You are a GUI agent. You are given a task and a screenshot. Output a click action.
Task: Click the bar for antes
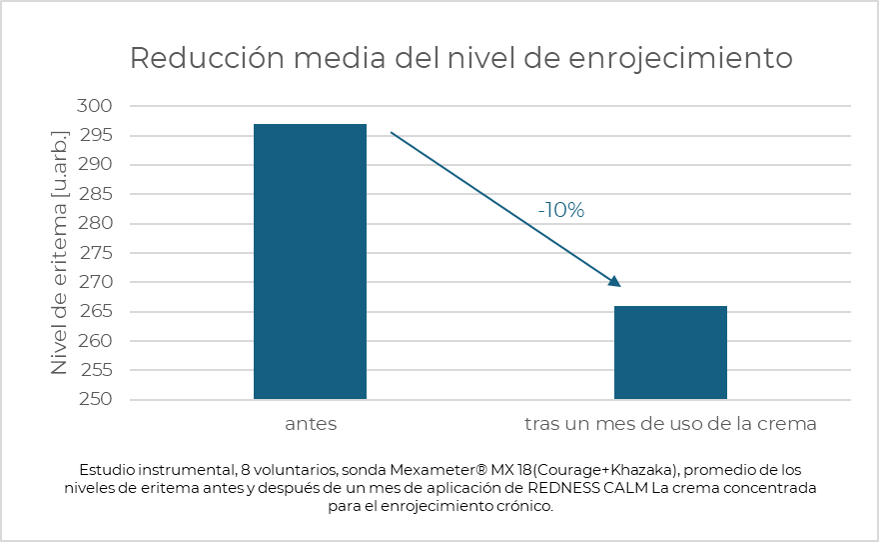[310, 262]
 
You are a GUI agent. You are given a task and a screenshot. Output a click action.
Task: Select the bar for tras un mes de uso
[670, 352]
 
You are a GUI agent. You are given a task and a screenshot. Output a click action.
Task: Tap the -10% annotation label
[560, 210]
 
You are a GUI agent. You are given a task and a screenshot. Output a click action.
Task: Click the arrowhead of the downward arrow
[615, 282]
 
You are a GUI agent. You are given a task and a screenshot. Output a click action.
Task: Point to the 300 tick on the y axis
[95, 106]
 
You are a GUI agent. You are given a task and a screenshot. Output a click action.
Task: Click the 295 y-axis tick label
[95, 135]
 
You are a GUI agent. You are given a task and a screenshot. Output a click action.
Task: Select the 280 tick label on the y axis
[95, 223]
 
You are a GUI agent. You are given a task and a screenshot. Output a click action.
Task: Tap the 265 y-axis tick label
[95, 311]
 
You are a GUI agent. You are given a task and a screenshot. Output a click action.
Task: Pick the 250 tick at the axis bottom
[95, 400]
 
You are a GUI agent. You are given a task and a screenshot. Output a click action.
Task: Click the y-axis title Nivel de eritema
[60, 252]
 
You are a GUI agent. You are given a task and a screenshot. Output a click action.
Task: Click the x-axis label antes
[311, 424]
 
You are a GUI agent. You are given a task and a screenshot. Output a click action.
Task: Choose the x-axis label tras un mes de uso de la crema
[670, 424]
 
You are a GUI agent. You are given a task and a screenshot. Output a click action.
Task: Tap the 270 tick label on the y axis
[95, 282]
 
